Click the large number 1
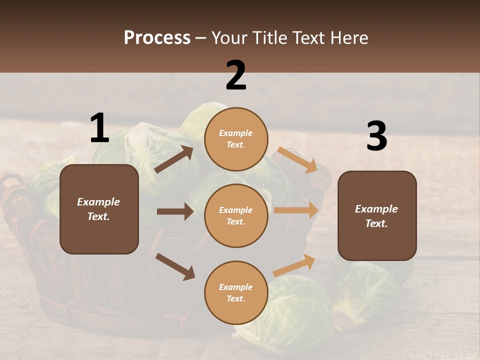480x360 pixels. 99,128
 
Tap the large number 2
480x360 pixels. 236,75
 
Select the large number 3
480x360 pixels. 376,136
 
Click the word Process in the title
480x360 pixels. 157,37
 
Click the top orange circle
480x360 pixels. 236,139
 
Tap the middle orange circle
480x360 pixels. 236,215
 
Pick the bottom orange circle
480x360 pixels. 236,292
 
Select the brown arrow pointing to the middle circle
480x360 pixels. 175,211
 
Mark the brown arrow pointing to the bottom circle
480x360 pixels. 175,266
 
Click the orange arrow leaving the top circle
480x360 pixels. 297,159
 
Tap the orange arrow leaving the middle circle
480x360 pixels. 296,210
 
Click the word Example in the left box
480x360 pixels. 98,202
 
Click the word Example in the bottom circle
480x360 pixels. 236,287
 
